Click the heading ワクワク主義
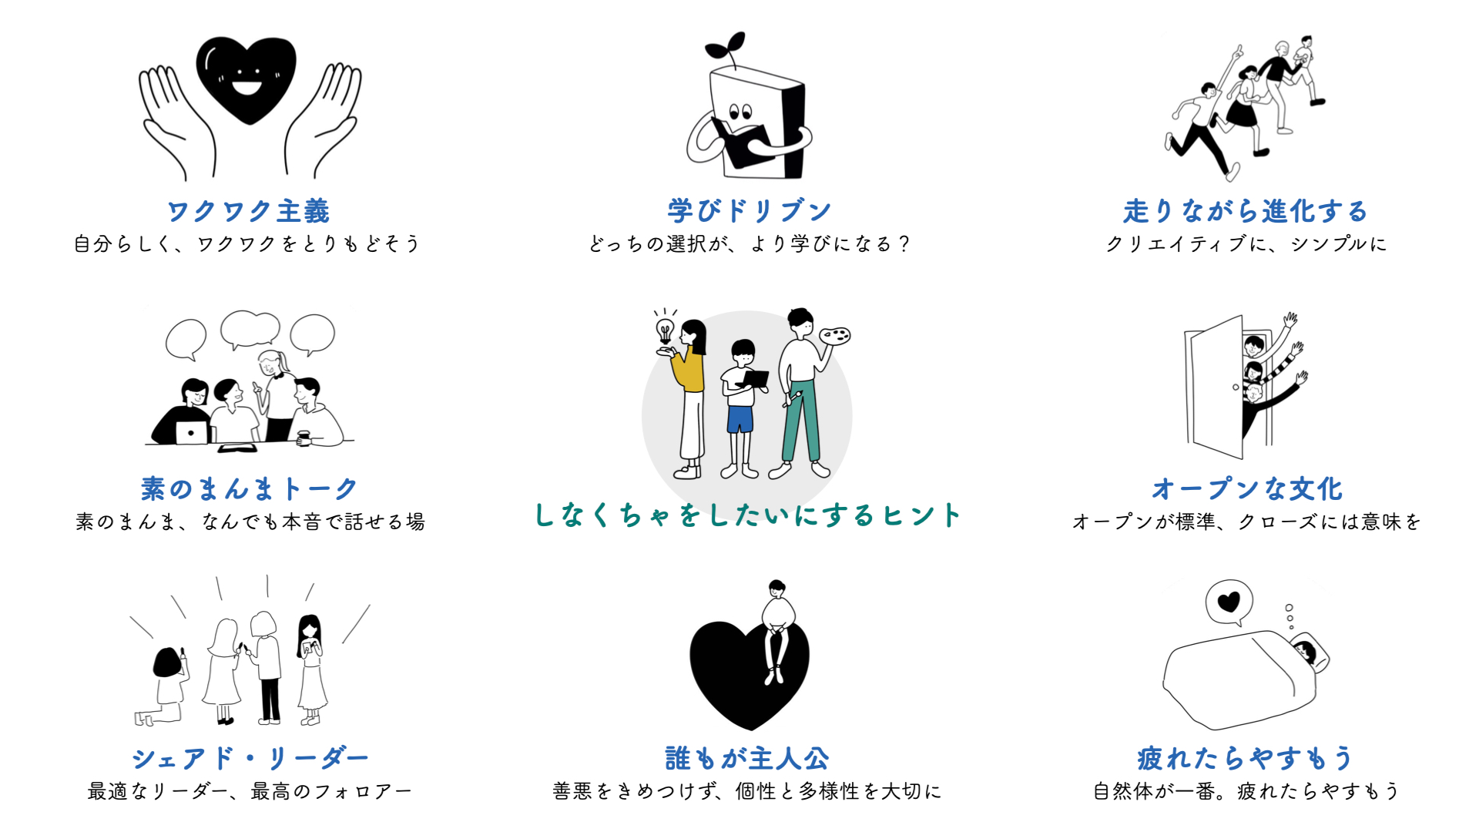coord(248,211)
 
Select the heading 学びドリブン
coord(749,211)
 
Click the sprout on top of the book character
coord(727,48)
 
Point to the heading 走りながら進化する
coord(1245,211)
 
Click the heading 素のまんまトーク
coord(249,488)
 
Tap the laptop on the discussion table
coord(191,432)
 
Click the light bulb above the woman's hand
coord(664,330)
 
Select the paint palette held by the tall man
coord(834,336)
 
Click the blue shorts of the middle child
coord(739,419)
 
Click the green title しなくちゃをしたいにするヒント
coord(747,515)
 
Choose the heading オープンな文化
coord(1246,488)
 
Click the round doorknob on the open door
coord(1236,387)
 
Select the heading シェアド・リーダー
coord(250,758)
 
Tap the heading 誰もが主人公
coord(747,758)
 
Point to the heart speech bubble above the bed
coord(1229,602)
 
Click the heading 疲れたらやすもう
coord(1245,758)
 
